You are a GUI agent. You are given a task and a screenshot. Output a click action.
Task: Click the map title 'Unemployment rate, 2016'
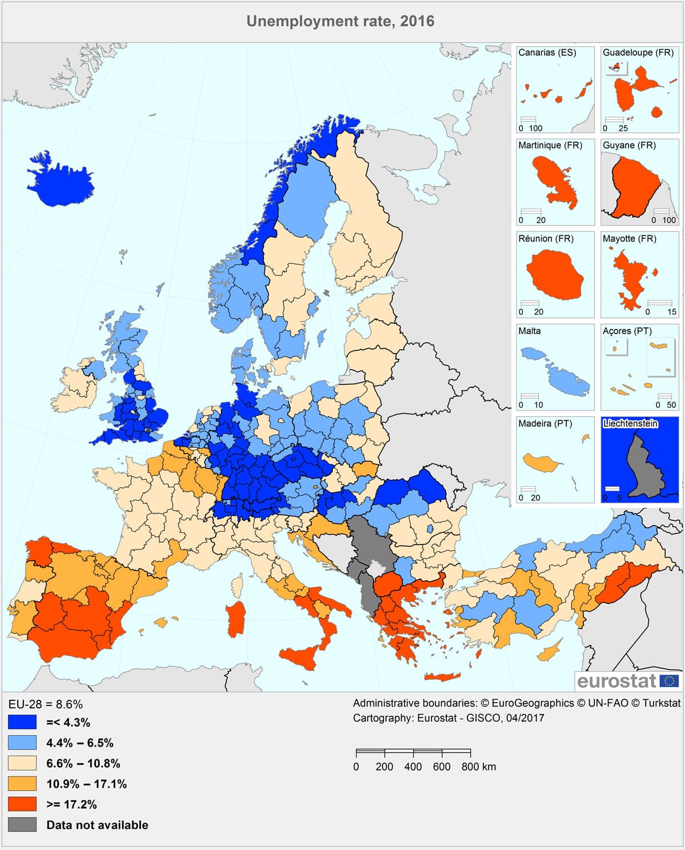[340, 21]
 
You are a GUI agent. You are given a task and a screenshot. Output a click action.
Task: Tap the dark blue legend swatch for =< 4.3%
[22, 722]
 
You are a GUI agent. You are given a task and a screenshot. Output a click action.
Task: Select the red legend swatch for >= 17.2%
[22, 804]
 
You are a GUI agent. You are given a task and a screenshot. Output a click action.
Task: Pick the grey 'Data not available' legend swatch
[22, 825]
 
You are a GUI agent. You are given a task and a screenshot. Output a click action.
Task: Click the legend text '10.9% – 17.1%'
[86, 784]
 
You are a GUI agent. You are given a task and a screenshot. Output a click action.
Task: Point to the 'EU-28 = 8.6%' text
[45, 704]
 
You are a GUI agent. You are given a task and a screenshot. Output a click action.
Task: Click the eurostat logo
[627, 681]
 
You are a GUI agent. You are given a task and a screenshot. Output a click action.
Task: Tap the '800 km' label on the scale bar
[478, 767]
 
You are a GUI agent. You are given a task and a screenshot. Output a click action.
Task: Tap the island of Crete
[442, 677]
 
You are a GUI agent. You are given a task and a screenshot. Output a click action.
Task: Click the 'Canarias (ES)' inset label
[547, 53]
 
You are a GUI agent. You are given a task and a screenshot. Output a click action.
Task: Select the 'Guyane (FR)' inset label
[629, 145]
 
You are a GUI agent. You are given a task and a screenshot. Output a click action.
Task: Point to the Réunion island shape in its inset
[554, 276]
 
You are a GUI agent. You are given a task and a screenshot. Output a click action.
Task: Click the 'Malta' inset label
[529, 331]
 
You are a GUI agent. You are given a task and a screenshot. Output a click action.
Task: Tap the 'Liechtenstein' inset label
[630, 423]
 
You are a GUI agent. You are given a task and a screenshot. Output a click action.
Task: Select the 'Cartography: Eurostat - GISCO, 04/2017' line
[448, 718]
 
